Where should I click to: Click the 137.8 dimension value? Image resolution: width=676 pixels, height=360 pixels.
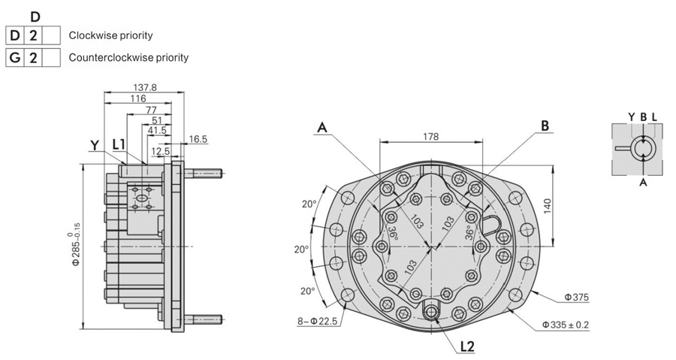tap(145, 87)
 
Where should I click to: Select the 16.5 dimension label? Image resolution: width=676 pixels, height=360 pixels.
tap(198, 139)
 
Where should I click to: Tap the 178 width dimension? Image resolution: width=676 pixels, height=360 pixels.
tap(430, 136)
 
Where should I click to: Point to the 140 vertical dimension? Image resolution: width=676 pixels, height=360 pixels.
tap(548, 207)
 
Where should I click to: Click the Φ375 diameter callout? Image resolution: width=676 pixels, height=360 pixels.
tap(576, 297)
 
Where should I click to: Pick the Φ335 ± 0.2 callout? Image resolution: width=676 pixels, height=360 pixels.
tap(565, 325)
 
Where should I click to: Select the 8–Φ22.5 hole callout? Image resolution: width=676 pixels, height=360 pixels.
tap(318, 321)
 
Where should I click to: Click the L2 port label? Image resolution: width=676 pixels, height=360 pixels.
tap(467, 346)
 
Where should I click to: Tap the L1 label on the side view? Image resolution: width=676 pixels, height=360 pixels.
tap(119, 144)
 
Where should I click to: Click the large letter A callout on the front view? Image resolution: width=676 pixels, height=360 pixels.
tap(322, 127)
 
